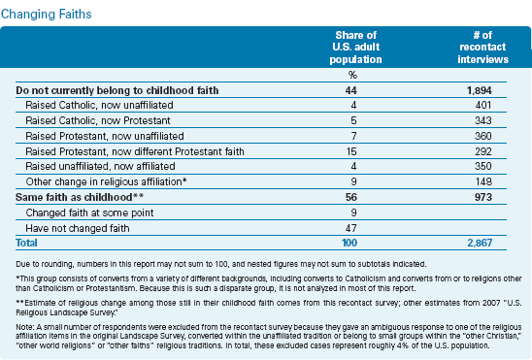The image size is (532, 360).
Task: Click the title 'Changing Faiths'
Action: tap(47, 15)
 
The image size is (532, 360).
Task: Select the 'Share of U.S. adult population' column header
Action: tap(355, 48)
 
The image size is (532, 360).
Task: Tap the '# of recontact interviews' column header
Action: tap(482, 48)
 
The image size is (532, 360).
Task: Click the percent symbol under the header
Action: tap(352, 75)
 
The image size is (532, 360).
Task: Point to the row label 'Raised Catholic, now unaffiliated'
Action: tap(99, 105)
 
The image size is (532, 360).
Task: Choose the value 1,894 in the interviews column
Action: tap(479, 90)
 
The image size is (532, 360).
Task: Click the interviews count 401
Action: tap(483, 105)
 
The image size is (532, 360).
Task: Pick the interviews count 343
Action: tap(483, 120)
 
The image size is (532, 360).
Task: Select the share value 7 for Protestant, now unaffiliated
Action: tap(353, 136)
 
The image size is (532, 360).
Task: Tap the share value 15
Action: tap(351, 151)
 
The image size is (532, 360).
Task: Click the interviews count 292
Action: tap(483, 151)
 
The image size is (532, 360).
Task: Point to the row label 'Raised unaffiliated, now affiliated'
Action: tap(100, 166)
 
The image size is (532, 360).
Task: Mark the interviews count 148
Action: tap(483, 181)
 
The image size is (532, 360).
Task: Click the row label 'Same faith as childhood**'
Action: tap(80, 197)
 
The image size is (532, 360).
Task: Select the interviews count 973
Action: tap(483, 197)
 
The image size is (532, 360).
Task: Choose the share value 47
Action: tap(351, 228)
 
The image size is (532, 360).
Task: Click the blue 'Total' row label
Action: tap(26, 243)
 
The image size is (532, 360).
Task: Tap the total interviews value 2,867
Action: tap(480, 243)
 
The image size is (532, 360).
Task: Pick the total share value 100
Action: tap(349, 243)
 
